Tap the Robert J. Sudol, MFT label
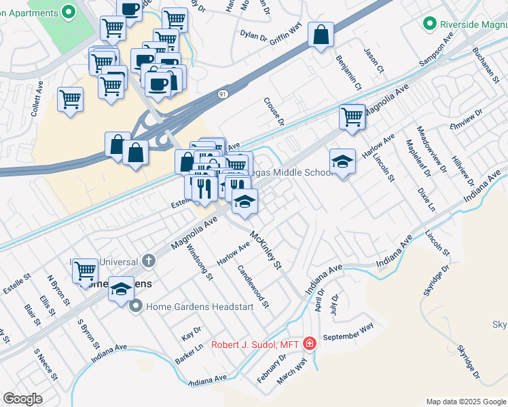click(255, 344)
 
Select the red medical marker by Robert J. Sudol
click(310, 344)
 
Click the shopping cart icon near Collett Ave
click(71, 99)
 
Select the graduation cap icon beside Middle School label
click(342, 161)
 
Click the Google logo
click(23, 399)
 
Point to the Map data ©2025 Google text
click(465, 402)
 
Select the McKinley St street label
click(266, 250)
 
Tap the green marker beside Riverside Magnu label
click(429, 25)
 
